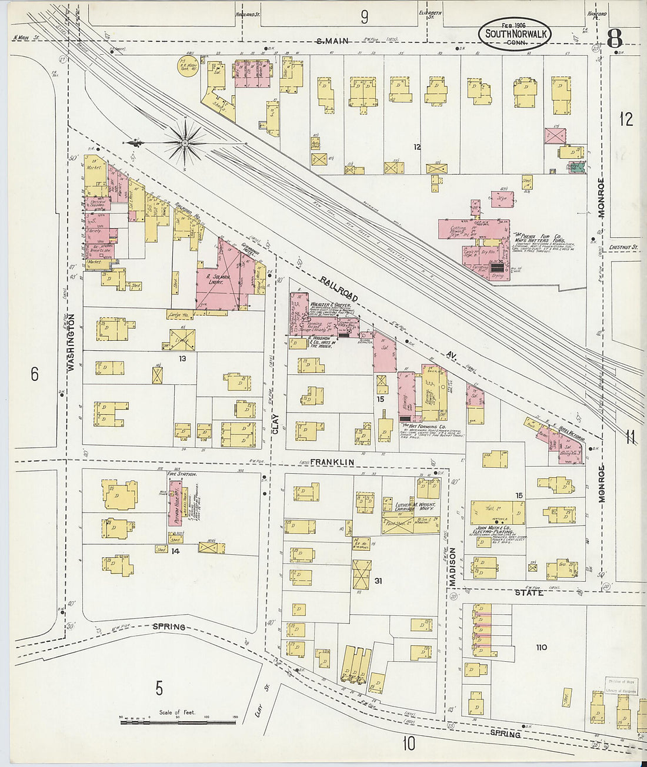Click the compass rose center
(185, 142)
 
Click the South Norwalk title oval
(515, 34)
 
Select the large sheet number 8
(614, 38)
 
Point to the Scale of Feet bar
(178, 722)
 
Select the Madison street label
(453, 567)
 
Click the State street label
(529, 593)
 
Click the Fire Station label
(182, 474)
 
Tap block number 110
(541, 647)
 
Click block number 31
(378, 581)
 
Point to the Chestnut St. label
(623, 247)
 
